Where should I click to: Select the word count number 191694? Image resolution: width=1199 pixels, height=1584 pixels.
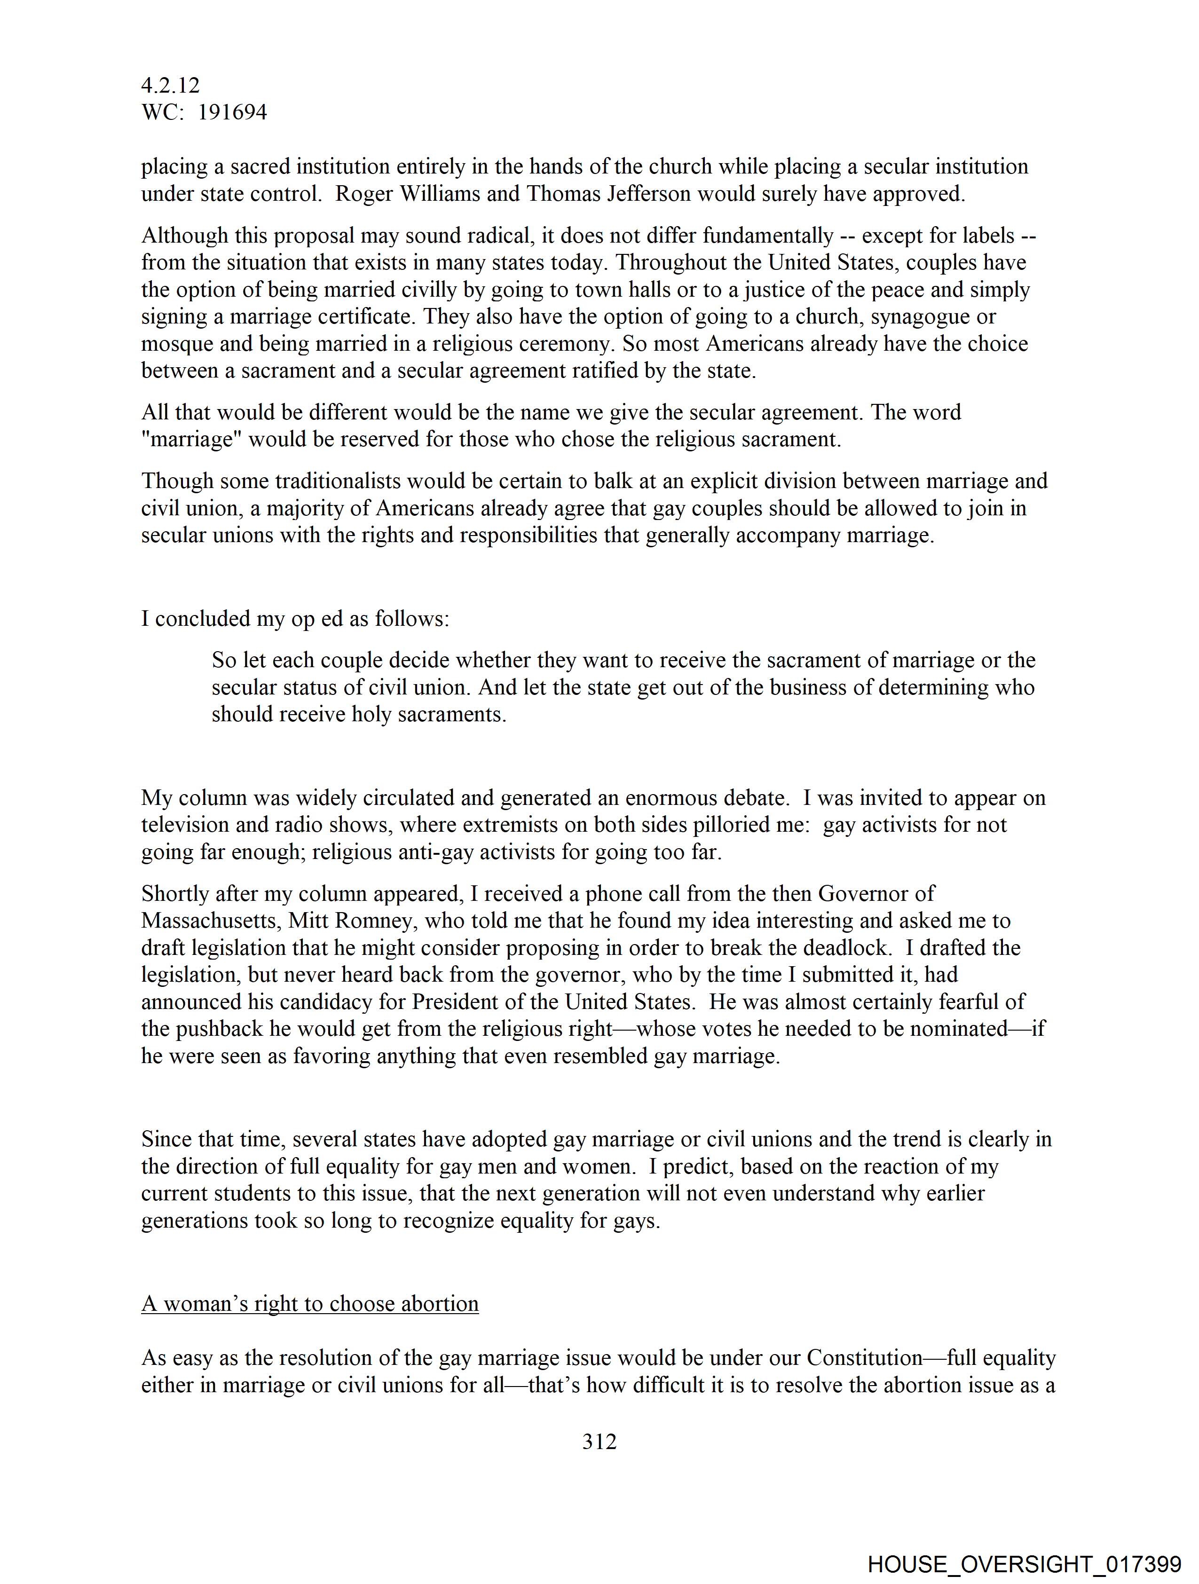[232, 112]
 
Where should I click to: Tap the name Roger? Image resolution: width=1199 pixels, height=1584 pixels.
[364, 194]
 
